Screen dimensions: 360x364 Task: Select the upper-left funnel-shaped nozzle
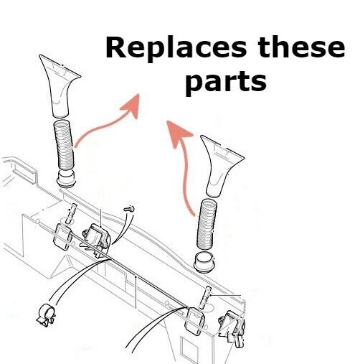pyautogui.click(x=59, y=86)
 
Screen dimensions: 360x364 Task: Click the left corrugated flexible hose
pyautogui.click(x=64, y=145)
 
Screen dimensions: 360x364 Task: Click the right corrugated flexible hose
pyautogui.click(x=207, y=224)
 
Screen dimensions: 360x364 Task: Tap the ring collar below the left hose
pyautogui.click(x=66, y=178)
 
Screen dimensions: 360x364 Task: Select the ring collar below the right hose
pyautogui.click(x=205, y=262)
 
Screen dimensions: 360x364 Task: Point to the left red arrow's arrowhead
pyautogui.click(x=131, y=106)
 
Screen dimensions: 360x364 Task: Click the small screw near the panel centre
pyautogui.click(x=129, y=209)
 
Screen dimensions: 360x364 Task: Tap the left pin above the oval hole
pyautogui.click(x=72, y=213)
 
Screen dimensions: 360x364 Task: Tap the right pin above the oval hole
pyautogui.click(x=205, y=297)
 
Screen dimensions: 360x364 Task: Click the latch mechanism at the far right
pyautogui.click(x=232, y=328)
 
